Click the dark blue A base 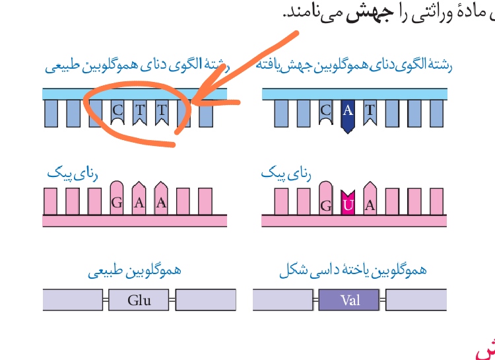(x=348, y=113)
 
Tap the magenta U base (x=348, y=203)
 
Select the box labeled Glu (x=139, y=301)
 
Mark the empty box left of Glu (x=72, y=301)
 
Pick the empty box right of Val (x=416, y=301)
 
